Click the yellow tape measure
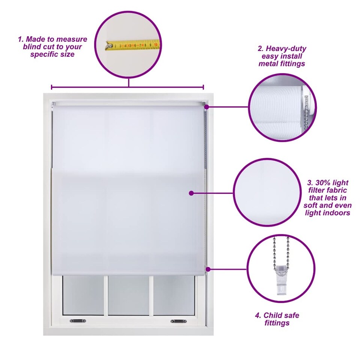click(132, 45)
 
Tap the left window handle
click(78, 321)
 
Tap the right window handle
click(178, 321)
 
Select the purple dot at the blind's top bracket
click(207, 107)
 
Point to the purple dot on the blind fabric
click(191, 193)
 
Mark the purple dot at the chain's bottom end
click(208, 269)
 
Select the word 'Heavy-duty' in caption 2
click(286, 49)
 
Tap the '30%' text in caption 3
click(322, 183)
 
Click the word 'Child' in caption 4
click(273, 315)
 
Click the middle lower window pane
click(129, 295)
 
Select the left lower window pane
click(83, 295)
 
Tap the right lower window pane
click(174, 295)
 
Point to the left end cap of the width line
click(52, 87)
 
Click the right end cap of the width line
click(203, 87)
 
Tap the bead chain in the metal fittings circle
click(306, 112)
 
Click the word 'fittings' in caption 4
click(277, 323)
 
